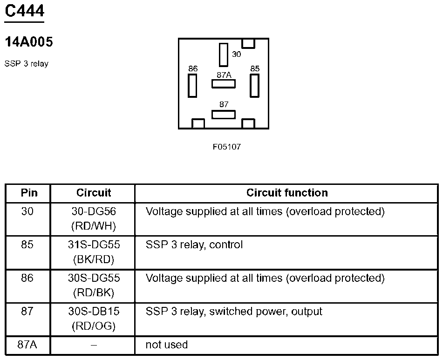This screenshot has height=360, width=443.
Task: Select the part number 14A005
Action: (x=28, y=42)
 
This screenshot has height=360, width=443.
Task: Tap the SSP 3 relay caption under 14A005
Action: (x=26, y=64)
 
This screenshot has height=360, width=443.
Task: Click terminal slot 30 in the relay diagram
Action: (x=224, y=54)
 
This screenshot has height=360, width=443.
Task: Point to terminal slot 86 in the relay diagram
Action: (x=192, y=85)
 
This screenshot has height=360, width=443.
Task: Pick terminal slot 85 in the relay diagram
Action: (x=254, y=85)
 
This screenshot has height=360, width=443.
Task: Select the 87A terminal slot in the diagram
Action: (x=224, y=84)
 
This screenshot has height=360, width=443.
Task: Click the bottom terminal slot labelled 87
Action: (x=224, y=114)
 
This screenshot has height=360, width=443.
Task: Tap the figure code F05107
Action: (x=227, y=147)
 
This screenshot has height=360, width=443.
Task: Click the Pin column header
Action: (x=28, y=193)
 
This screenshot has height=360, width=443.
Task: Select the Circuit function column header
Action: (x=287, y=193)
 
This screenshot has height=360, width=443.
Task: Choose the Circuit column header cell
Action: (x=94, y=193)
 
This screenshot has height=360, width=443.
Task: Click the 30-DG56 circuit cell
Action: (x=94, y=211)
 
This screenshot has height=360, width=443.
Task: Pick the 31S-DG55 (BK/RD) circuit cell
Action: (x=94, y=252)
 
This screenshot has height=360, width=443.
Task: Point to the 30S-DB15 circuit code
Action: (x=94, y=311)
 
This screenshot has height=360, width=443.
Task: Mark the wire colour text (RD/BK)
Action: (x=94, y=293)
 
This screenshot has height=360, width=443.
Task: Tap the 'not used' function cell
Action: (x=167, y=345)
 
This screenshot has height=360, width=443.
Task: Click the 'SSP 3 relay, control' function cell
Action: (x=194, y=245)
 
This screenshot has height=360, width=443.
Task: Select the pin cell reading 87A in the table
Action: (x=27, y=345)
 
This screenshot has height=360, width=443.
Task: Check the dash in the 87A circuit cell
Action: (x=94, y=345)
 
